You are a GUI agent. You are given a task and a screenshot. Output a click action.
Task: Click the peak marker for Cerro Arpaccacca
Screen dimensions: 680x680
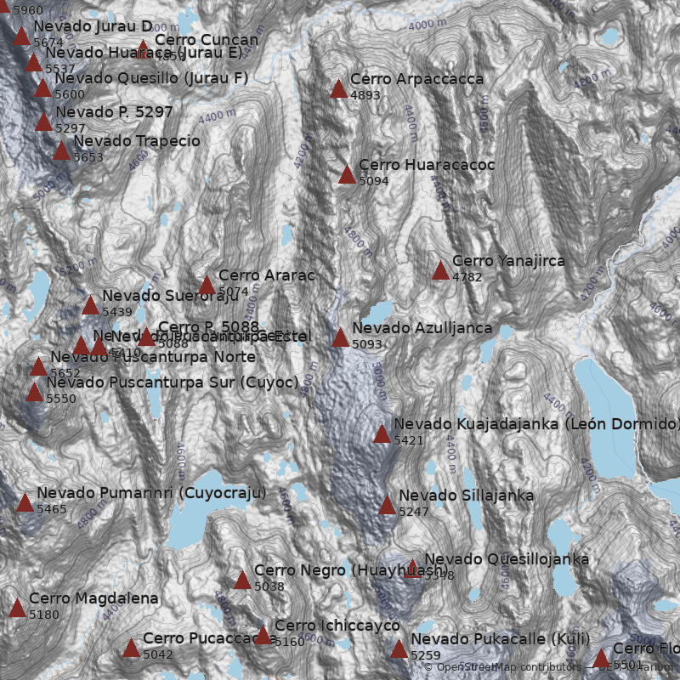tap(338, 88)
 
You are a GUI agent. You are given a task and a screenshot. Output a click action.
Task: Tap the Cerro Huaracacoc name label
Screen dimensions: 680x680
tap(427, 165)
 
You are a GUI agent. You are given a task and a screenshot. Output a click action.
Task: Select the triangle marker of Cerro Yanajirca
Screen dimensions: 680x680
tap(440, 271)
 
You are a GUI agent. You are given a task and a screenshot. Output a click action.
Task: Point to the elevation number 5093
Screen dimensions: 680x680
tap(367, 344)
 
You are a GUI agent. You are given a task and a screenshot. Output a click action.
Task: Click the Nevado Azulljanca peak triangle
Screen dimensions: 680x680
tap(340, 338)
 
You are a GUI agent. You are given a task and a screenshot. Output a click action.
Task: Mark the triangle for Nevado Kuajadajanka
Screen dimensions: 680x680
tap(382, 434)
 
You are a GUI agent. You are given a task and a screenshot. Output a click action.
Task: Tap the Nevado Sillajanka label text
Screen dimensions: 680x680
tap(466, 496)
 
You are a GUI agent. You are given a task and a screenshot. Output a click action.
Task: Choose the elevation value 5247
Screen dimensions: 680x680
tap(414, 512)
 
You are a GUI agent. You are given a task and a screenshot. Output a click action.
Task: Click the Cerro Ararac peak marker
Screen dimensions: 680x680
tap(207, 286)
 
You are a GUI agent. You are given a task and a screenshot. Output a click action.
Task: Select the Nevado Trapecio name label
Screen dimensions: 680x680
tap(137, 141)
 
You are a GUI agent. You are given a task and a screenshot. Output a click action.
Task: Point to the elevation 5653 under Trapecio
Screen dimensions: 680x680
tap(88, 157)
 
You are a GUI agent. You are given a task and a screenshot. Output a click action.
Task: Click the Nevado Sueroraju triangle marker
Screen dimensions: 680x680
tap(90, 306)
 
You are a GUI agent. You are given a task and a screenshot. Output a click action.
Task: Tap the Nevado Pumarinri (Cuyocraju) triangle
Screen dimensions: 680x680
tap(25, 503)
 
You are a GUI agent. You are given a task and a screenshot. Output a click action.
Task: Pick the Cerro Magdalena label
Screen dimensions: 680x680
tap(93, 599)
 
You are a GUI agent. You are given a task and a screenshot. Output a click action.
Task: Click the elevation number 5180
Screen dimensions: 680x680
tap(44, 615)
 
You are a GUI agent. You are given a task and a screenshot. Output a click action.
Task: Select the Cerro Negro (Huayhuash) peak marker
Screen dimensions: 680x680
tap(242, 581)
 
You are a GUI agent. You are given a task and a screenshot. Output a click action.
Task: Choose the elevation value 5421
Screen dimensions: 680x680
tap(409, 440)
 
